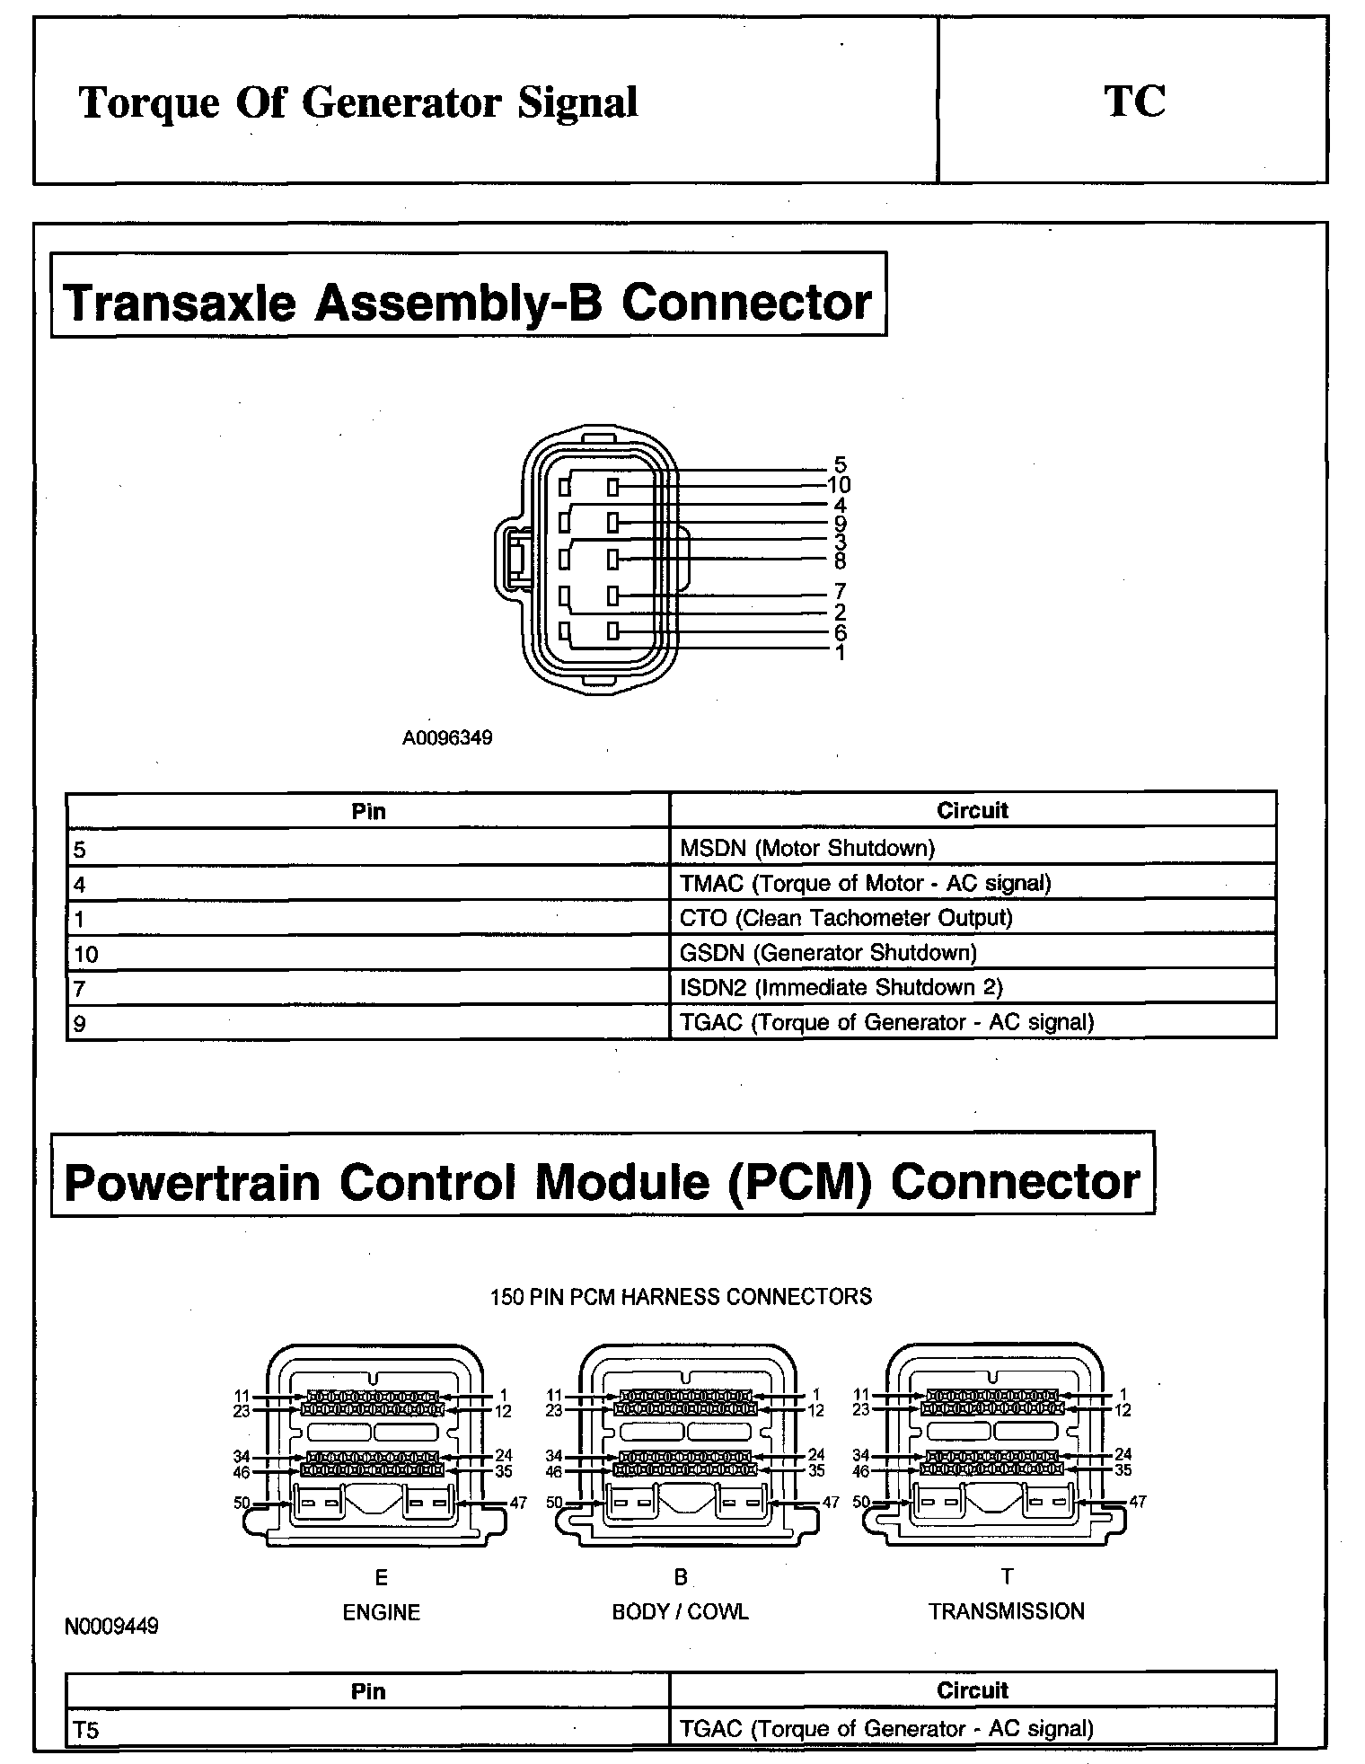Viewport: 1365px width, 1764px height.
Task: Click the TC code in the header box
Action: click(x=1134, y=101)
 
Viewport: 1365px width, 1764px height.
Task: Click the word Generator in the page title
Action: click(x=402, y=102)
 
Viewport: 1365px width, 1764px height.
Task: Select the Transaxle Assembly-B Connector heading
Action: click(x=468, y=301)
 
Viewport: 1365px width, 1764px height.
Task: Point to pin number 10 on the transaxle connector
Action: click(x=839, y=485)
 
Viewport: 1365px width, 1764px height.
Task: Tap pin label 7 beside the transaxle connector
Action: click(x=840, y=592)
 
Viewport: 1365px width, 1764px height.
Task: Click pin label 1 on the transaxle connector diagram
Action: click(x=840, y=653)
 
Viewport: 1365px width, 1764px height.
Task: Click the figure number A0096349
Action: click(x=447, y=738)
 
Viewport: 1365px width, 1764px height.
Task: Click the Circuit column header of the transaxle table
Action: click(x=972, y=811)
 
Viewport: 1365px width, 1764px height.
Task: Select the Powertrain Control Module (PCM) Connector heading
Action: click(x=602, y=1181)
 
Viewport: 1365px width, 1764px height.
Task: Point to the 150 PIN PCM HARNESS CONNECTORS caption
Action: click(x=681, y=1297)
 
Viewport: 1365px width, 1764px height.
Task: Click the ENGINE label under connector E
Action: click(x=382, y=1612)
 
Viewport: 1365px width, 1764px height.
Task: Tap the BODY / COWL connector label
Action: click(x=680, y=1612)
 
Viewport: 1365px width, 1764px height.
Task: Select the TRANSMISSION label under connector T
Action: click(x=1006, y=1611)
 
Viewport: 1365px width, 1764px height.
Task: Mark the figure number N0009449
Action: click(x=111, y=1627)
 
